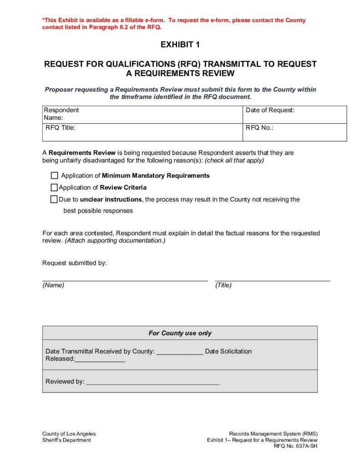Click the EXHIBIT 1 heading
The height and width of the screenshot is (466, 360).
click(x=180, y=45)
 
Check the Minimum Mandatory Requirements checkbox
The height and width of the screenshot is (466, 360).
click(x=55, y=176)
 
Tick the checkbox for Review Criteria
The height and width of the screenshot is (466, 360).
click(x=54, y=187)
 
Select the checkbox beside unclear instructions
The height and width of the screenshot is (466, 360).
click(x=54, y=199)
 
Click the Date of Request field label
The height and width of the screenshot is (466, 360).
click(x=270, y=110)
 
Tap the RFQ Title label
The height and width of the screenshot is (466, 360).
click(x=61, y=128)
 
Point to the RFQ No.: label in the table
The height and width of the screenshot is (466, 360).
click(x=259, y=128)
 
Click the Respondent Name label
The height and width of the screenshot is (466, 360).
click(x=61, y=114)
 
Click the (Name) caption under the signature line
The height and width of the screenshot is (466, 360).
click(x=53, y=285)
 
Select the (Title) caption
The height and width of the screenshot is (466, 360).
click(x=223, y=285)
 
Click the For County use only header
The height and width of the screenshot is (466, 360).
click(x=180, y=333)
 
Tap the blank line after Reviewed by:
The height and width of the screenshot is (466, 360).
click(x=153, y=382)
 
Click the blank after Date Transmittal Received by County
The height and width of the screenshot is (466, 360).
click(x=180, y=352)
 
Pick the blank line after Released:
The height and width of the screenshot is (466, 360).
click(x=100, y=359)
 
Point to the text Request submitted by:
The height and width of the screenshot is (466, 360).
click(x=74, y=263)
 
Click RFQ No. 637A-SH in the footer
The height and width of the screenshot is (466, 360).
click(x=295, y=446)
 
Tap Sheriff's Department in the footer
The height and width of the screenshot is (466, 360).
click(x=66, y=440)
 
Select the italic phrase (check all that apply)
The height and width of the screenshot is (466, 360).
click(x=234, y=161)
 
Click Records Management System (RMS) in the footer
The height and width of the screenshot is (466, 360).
click(x=273, y=434)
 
